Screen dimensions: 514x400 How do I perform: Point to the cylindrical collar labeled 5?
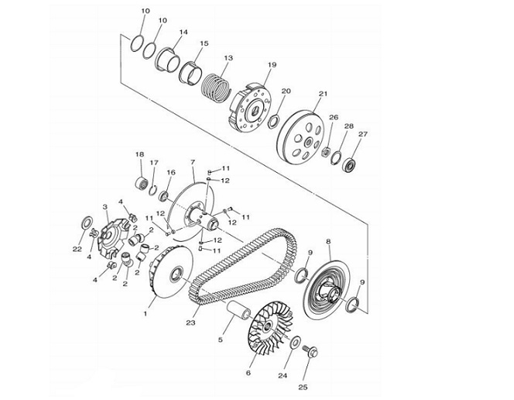pos(239,310)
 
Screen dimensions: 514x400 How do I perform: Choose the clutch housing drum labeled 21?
pos(301,136)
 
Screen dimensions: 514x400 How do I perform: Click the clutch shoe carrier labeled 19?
pos(251,108)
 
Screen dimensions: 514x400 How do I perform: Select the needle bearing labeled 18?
pos(142,182)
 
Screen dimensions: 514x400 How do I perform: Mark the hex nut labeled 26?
pos(326,151)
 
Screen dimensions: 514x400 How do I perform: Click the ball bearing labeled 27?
pos(349,164)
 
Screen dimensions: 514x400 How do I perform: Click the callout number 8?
pos(328,242)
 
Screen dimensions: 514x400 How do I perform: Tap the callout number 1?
pos(146,313)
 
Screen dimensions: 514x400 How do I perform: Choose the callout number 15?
pos(204,43)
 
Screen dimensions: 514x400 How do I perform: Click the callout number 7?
pos(193,162)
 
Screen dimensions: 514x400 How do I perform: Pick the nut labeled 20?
pos(273,121)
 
